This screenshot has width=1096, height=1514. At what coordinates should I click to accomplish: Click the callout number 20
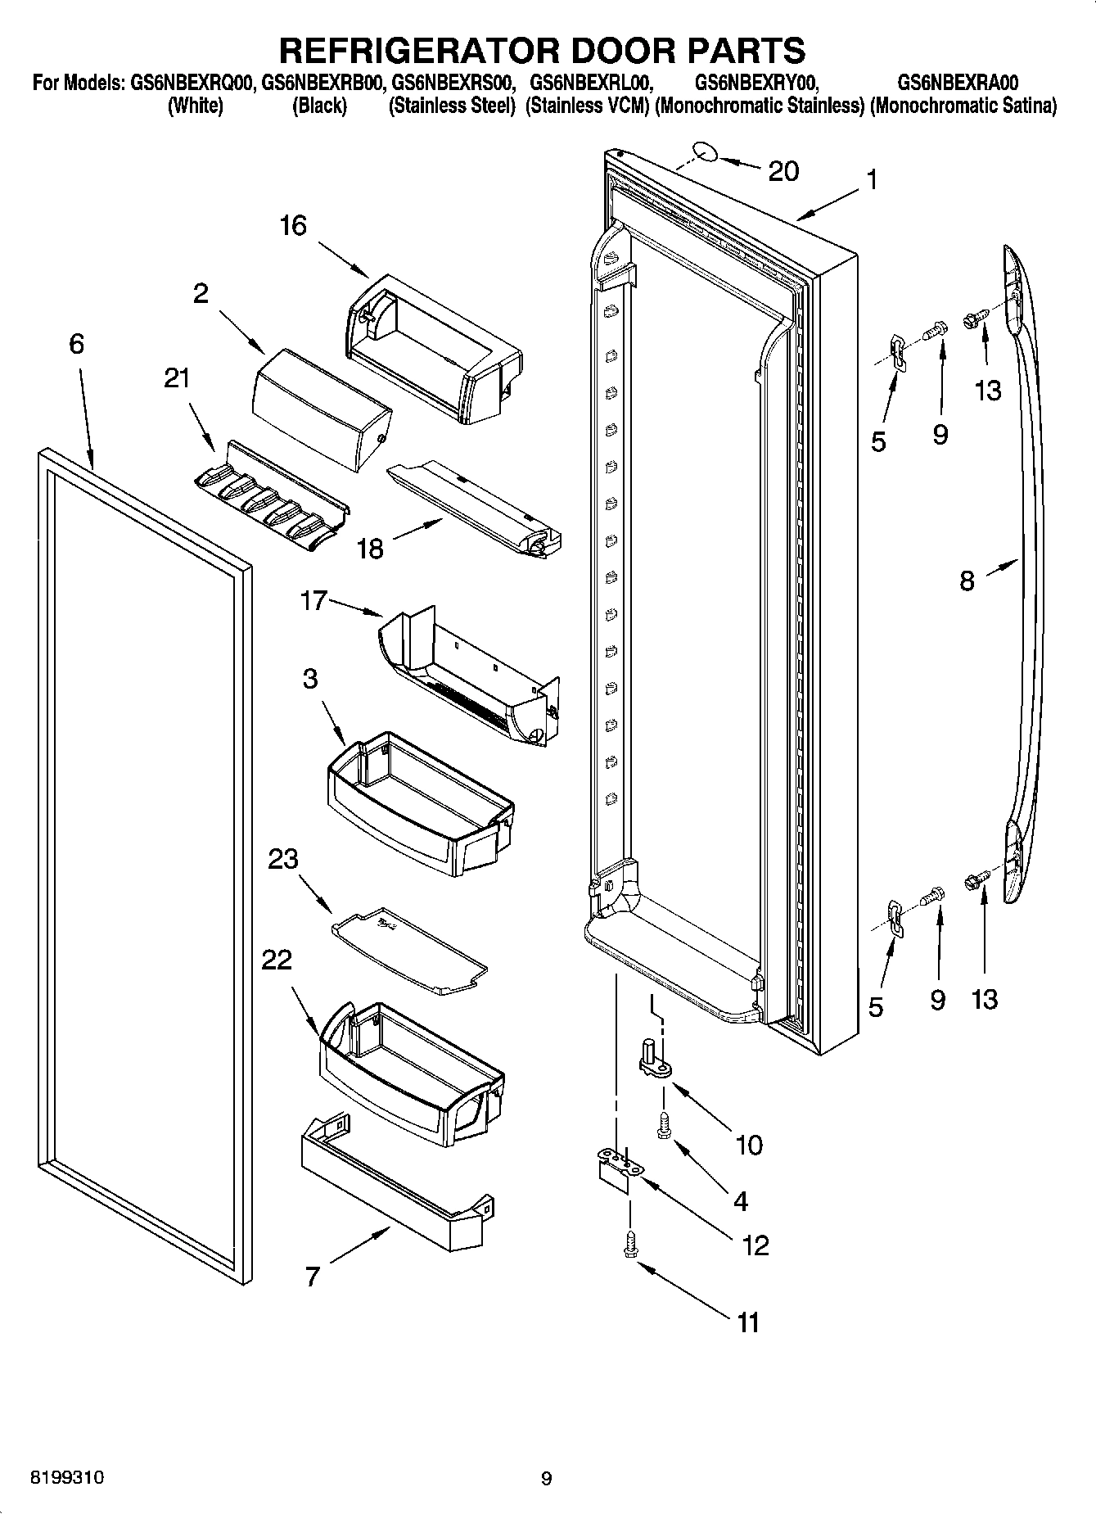point(783,171)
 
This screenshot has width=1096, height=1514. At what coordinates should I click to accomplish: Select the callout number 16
point(292,225)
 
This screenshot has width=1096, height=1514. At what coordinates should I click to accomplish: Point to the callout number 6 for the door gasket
point(76,344)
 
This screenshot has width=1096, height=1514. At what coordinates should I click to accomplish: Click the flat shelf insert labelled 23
point(409,950)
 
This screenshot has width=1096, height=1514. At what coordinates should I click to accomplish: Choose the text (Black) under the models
point(319,106)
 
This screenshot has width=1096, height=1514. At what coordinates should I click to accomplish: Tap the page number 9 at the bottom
point(547,1478)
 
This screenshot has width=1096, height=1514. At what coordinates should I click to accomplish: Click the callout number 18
point(371,548)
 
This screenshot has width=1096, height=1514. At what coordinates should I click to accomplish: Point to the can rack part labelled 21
point(270,499)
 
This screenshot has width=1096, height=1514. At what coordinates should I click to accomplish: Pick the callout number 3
point(310,678)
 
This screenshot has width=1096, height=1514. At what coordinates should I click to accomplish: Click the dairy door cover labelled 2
point(319,409)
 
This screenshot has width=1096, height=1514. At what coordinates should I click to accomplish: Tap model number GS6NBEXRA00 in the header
point(958,83)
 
